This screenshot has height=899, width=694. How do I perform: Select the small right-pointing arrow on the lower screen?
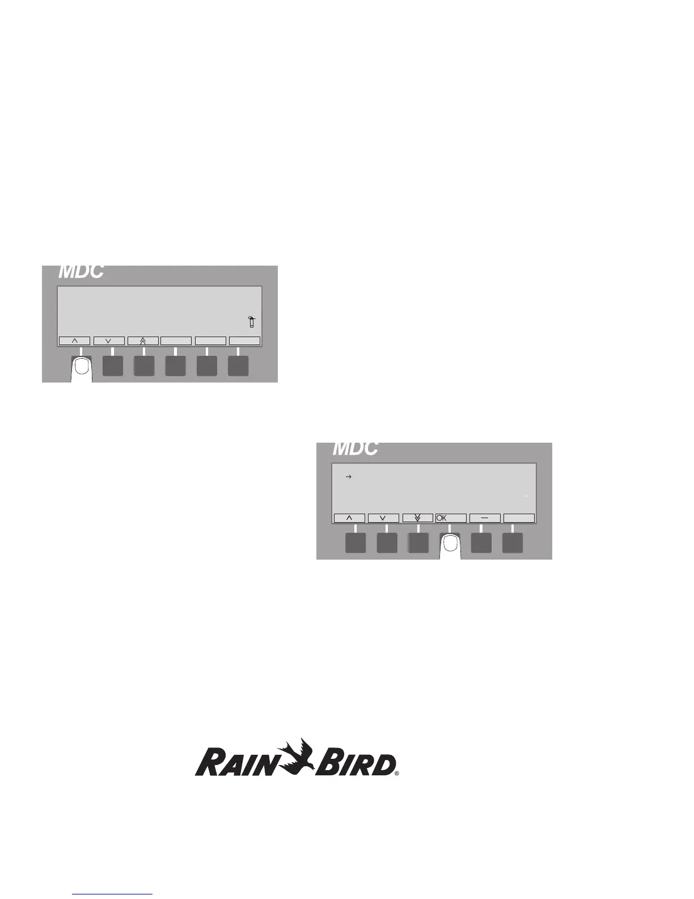[x=349, y=477]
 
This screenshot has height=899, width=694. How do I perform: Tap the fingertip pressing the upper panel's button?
[x=82, y=368]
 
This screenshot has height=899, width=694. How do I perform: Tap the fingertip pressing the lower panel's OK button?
[x=450, y=545]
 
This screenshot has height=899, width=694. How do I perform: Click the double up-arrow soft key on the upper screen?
[x=142, y=341]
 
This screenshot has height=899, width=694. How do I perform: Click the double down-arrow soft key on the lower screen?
[x=417, y=518]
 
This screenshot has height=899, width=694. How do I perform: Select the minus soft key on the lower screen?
[x=485, y=518]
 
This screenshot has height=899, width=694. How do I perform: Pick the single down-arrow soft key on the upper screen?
[x=108, y=341]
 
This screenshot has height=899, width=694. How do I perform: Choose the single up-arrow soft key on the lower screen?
[x=349, y=518]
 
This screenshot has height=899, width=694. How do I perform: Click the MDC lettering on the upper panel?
[x=81, y=272]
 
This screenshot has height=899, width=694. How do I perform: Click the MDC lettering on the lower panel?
[x=355, y=449]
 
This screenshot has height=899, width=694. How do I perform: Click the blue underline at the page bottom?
[x=113, y=894]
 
